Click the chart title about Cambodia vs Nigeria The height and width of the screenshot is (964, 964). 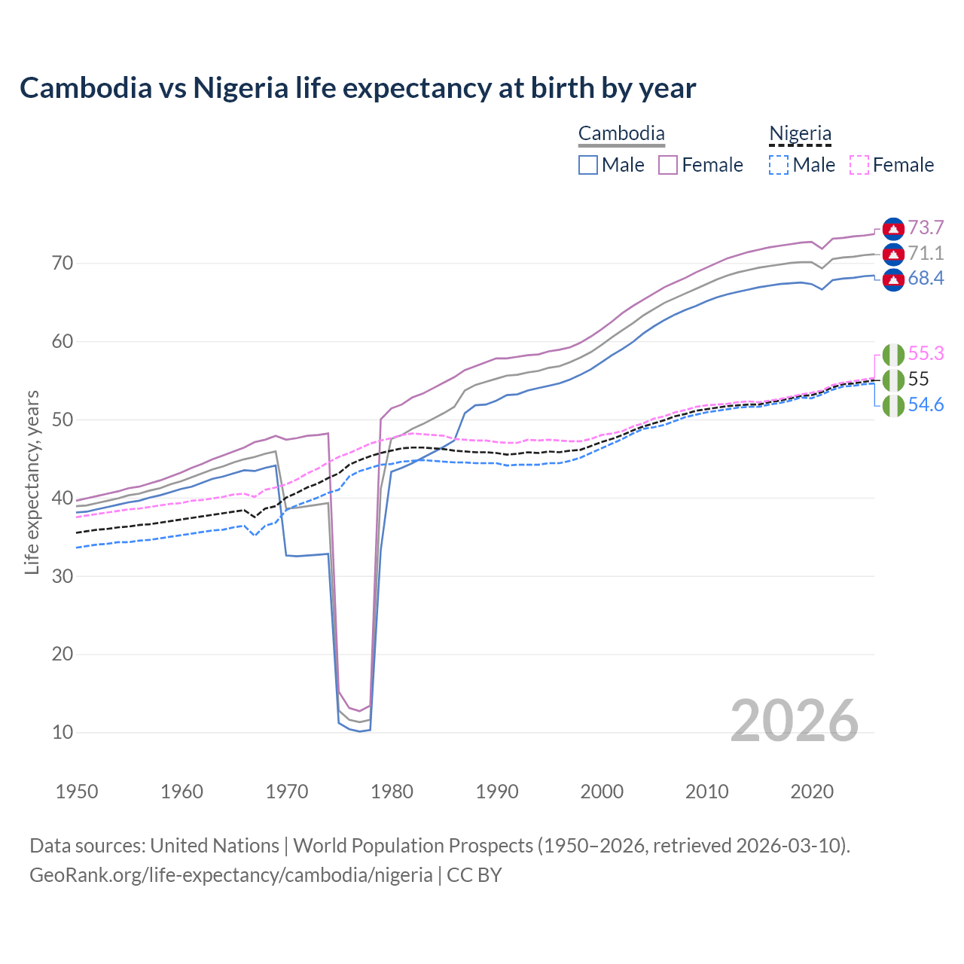coord(358,88)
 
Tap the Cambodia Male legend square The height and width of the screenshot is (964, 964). coord(588,165)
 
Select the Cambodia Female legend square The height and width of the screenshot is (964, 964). coord(668,165)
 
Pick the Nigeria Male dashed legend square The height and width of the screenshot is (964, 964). coord(779,165)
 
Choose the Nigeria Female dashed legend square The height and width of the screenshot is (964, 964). coord(859,165)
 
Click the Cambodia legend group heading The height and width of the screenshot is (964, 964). coord(621,134)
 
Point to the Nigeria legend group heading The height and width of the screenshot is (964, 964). coord(800,134)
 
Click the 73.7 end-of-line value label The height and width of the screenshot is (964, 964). coord(926,227)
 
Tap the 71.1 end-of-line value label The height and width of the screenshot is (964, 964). coord(926,253)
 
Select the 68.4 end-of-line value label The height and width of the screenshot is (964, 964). coord(926,279)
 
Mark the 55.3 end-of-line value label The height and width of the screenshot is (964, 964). coord(926,353)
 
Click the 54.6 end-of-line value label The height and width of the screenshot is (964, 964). coord(926,405)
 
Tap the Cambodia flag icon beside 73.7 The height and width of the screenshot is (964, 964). coord(893,228)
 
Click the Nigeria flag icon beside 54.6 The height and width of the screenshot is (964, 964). coord(893,405)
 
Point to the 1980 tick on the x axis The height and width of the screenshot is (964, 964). coord(392,792)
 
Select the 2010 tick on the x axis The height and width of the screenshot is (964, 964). coord(706,792)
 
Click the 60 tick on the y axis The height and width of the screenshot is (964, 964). coord(63,342)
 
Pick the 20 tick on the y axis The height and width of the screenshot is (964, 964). coord(63,654)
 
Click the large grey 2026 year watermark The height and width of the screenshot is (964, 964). coord(795,721)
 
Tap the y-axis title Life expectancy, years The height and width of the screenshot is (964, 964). coord(32,482)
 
